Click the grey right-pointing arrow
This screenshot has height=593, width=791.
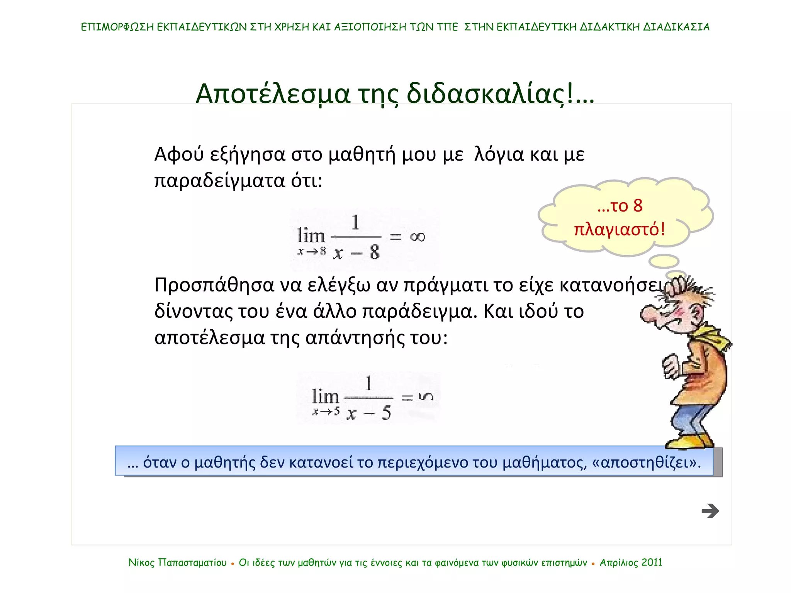710,511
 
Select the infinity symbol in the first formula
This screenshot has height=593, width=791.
418,237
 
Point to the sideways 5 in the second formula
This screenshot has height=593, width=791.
426,396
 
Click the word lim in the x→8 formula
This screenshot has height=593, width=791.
311,236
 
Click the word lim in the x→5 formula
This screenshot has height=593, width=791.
325,396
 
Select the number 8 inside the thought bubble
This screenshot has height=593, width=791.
638,206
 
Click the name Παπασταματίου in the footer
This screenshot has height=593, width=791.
192,563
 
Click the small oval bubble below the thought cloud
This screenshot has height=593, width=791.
664,261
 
